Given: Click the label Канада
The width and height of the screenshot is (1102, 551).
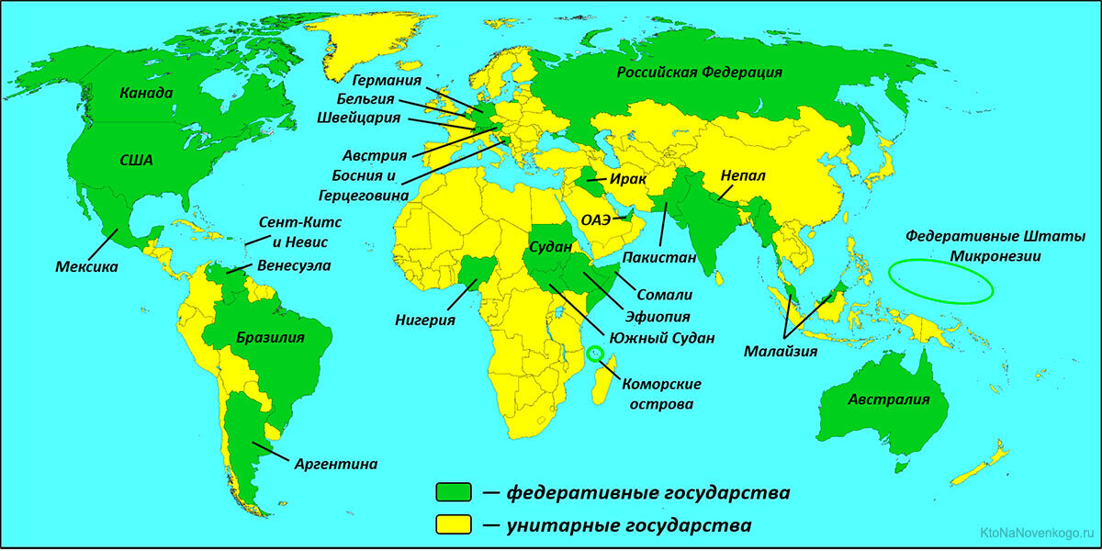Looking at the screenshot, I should pos(146,94).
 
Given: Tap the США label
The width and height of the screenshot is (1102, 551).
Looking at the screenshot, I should pos(137,160).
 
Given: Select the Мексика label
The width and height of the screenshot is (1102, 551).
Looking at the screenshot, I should pos(87,267).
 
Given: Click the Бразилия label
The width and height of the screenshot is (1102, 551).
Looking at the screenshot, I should pos(270,337).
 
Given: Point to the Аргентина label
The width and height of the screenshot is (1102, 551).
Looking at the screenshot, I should pos(336,464).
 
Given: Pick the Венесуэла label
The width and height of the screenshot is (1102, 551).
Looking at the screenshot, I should pos(295,265).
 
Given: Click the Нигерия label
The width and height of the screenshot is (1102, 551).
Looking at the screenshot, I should pos(426,320).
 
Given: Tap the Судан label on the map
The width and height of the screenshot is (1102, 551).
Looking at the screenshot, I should pos(552,247).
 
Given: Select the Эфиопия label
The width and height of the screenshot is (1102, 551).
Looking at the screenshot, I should pos(651,314).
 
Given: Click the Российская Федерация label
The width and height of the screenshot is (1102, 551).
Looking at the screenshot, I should pos(699,73).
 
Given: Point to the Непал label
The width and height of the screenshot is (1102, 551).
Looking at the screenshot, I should pos(743,174).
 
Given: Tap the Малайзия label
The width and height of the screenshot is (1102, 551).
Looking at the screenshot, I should pos(782,350).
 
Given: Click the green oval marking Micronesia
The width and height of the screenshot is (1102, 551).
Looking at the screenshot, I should pos(943,281).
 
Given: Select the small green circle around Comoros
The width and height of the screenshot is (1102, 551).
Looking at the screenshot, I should pos(596,353).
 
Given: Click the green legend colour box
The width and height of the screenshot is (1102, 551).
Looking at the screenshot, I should pos(454,492).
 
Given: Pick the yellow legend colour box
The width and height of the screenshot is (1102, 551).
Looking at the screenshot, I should pos(454,524).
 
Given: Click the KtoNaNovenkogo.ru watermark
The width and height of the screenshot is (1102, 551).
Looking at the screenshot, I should pos(1039,533).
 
